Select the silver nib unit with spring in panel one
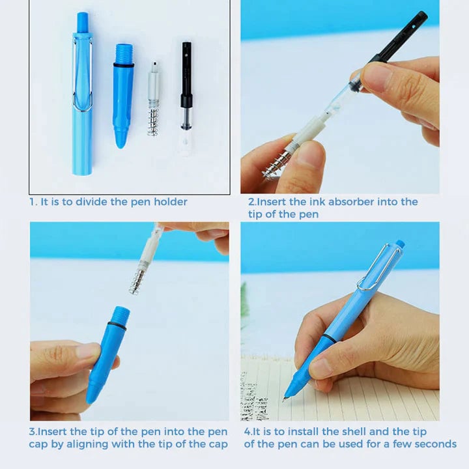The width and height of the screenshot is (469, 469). coord(154,98)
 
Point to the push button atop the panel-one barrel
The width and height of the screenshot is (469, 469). coord(82,21)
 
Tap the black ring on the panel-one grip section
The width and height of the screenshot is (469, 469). coord(123,64)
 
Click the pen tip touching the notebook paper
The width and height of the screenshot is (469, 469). coord(285,398)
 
